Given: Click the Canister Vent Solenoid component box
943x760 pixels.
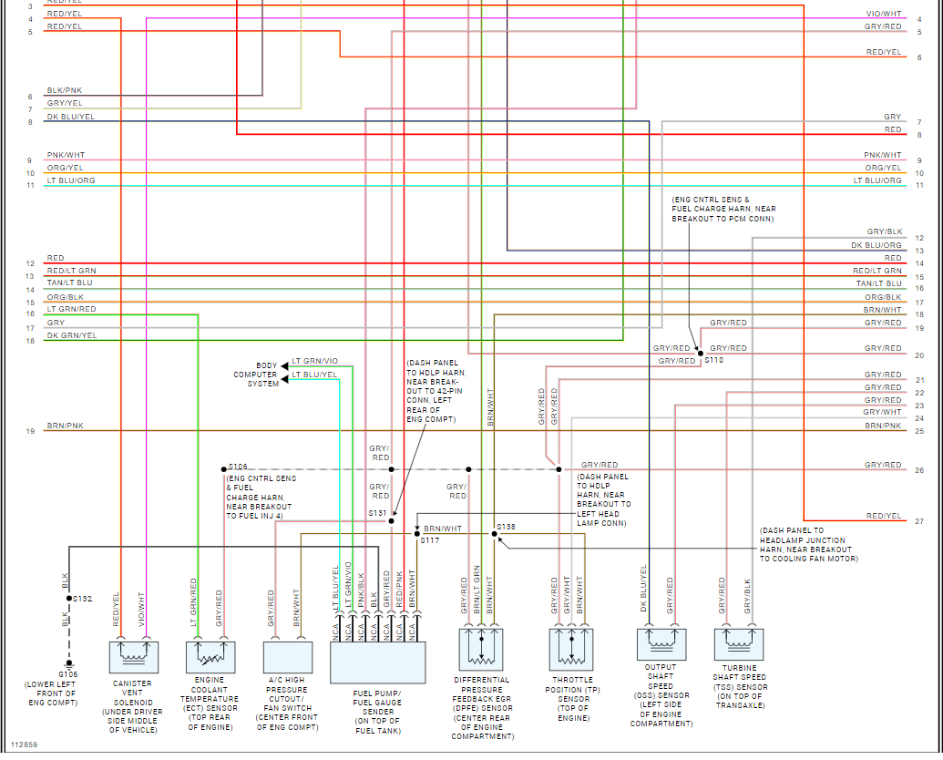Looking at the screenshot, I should (x=134, y=654).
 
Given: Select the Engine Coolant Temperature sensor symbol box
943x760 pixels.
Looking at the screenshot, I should (x=210, y=654).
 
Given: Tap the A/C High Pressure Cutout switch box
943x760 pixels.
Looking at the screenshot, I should (x=288, y=654).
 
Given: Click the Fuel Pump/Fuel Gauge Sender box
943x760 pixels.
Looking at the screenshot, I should (x=377, y=662).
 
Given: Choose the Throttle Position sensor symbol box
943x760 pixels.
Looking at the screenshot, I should (x=571, y=649).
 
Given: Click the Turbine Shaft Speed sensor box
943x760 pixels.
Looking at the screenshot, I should (x=739, y=643).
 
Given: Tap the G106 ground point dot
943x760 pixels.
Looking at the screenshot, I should (x=69, y=663).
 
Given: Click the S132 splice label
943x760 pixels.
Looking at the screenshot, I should (x=83, y=599).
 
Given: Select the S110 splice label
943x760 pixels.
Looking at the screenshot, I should (x=713, y=361).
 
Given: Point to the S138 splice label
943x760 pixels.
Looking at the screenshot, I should (x=506, y=528).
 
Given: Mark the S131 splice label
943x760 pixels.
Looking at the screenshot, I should (x=377, y=514).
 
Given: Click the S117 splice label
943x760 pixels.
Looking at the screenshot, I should (x=429, y=540).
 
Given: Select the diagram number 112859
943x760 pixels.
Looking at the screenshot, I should (x=24, y=745).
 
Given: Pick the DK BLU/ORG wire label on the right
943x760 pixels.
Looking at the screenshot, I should (x=876, y=245).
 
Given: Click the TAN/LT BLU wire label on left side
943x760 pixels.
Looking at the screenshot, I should (x=71, y=283).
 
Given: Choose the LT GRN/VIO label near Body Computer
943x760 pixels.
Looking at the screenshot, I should (x=315, y=362).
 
